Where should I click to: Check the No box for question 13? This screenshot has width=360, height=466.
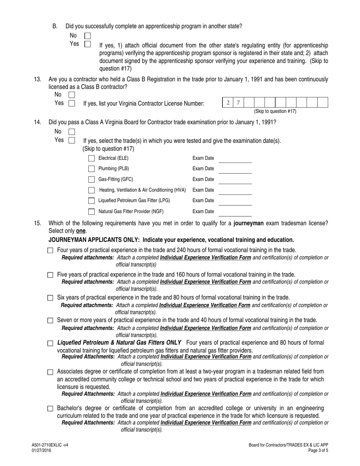72,95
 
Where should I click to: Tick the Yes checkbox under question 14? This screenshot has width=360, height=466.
72,140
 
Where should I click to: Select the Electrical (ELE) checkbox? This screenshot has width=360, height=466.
91,158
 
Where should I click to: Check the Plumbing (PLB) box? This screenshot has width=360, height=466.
91,169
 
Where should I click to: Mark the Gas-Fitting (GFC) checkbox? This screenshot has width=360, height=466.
91,180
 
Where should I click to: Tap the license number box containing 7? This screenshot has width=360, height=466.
238,103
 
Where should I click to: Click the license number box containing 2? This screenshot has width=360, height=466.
228,103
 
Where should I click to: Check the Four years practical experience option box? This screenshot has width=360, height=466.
50,251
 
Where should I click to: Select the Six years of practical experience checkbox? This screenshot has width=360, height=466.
50,298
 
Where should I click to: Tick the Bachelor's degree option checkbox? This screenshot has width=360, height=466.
50,409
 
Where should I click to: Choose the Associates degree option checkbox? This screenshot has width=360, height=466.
50,372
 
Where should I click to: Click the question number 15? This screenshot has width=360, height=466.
38,224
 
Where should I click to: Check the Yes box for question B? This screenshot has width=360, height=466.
88,44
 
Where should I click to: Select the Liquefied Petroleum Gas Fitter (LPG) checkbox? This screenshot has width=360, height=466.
91,201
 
